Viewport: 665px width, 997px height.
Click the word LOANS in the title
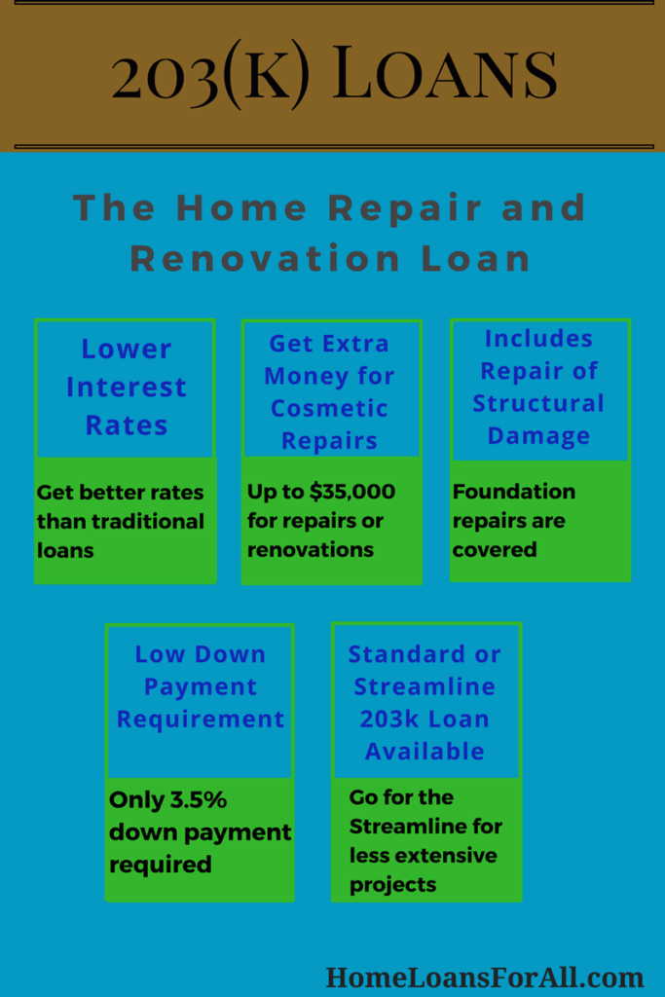click(444, 73)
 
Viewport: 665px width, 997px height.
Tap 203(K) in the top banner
click(210, 74)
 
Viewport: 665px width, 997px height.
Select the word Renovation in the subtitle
click(265, 259)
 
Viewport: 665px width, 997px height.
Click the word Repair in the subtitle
click(405, 208)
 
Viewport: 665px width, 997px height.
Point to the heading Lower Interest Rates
click(126, 388)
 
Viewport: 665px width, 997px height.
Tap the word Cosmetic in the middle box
click(329, 408)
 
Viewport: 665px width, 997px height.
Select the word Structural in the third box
click(538, 403)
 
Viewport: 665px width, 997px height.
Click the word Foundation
click(514, 492)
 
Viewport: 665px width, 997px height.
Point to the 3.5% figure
click(198, 799)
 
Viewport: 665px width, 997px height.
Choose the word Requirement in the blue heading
click(201, 720)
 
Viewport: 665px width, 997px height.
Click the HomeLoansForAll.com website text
click(485, 978)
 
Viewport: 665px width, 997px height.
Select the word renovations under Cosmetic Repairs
click(311, 549)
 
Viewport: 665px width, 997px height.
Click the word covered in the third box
click(495, 549)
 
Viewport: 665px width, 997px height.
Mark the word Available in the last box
click(425, 752)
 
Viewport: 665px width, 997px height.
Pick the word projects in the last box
click(393, 884)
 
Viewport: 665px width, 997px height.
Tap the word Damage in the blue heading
click(538, 435)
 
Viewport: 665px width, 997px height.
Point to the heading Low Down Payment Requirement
click(201, 686)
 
